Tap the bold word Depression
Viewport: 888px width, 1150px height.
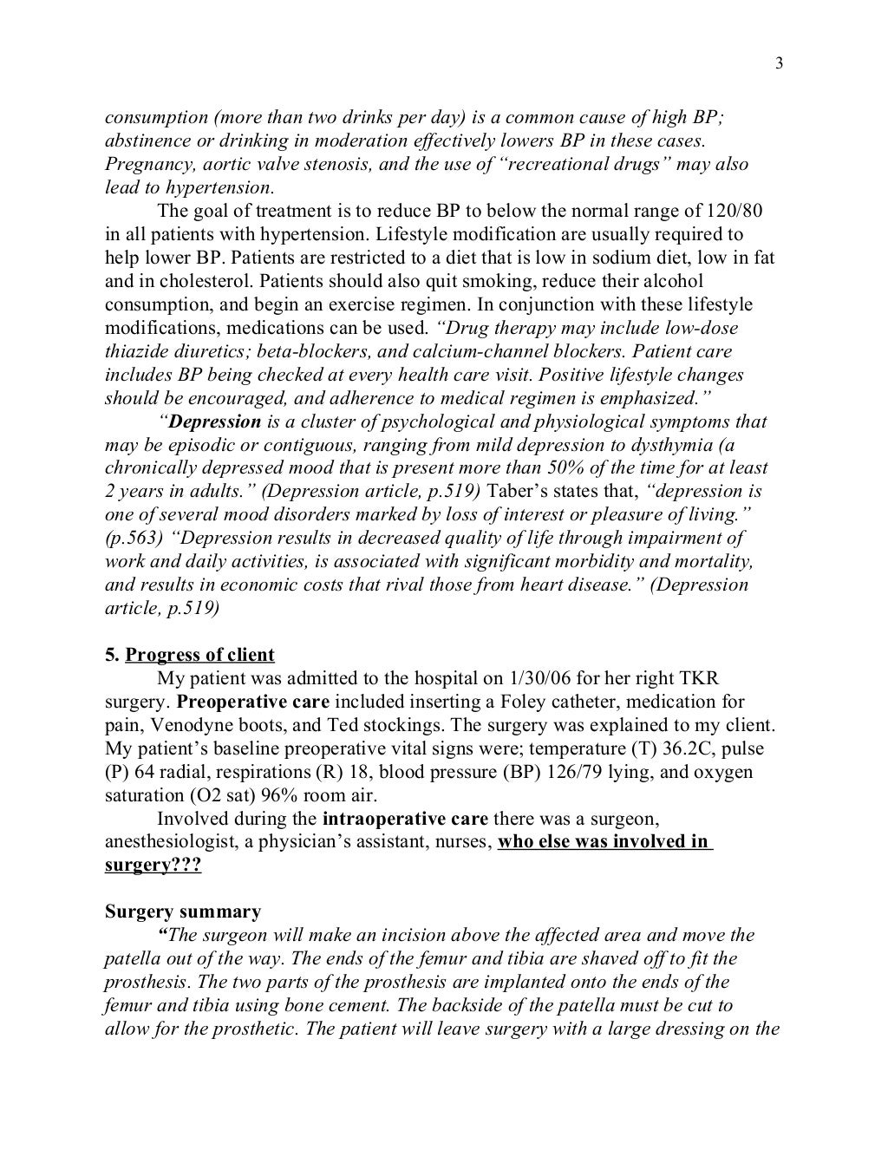coord(214,422)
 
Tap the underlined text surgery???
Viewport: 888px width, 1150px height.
coord(153,866)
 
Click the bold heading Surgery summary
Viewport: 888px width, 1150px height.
coord(183,912)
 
